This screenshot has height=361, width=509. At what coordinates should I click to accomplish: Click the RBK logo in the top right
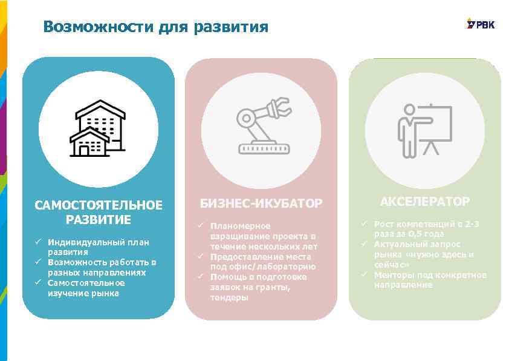pyautogui.click(x=481, y=24)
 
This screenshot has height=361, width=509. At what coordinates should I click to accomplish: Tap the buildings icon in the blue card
pyautogui.click(x=99, y=128)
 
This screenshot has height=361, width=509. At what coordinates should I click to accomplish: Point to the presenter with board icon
pyautogui.click(x=425, y=129)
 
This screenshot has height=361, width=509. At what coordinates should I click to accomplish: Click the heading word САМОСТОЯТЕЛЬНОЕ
pyautogui.click(x=99, y=205)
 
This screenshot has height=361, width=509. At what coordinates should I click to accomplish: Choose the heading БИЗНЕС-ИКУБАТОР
pyautogui.click(x=261, y=203)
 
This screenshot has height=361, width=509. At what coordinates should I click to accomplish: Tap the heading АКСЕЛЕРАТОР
pyautogui.click(x=425, y=201)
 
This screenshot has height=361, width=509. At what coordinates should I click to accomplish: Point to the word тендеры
pyautogui.click(x=229, y=297)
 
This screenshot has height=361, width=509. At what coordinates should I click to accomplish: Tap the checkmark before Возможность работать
pyautogui.click(x=37, y=262)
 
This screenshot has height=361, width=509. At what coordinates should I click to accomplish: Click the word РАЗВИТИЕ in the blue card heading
pyautogui.click(x=99, y=219)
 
